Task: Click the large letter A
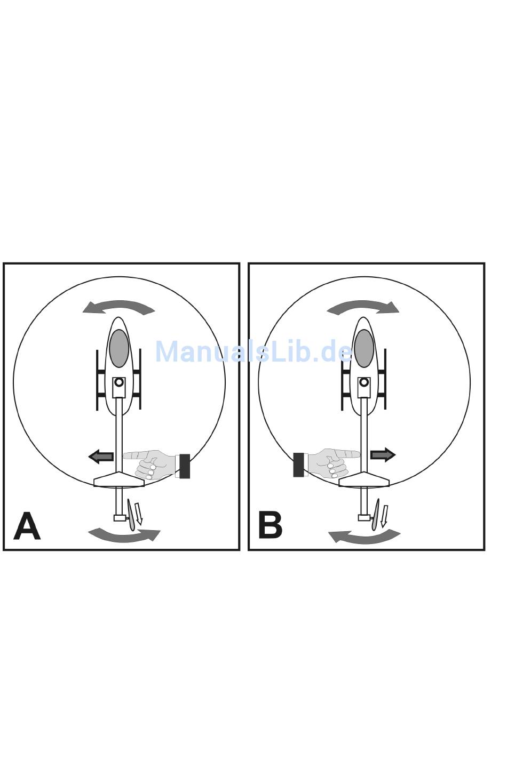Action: [x=27, y=526]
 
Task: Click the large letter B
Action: [x=270, y=525]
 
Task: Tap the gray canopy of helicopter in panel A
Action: [x=119, y=348]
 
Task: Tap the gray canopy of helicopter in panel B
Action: [x=364, y=348]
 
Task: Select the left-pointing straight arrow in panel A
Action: [x=101, y=457]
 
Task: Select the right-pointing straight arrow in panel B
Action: [x=383, y=455]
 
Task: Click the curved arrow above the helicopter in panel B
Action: [x=363, y=307]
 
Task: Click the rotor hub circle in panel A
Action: [x=119, y=382]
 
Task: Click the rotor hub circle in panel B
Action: [x=364, y=382]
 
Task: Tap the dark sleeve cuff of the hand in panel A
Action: [x=185, y=466]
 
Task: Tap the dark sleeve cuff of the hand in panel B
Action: [x=299, y=465]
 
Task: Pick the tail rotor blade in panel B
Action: [x=376, y=515]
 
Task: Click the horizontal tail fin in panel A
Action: [x=119, y=480]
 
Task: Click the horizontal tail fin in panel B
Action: [x=364, y=480]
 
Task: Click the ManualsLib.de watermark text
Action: [x=254, y=352]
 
